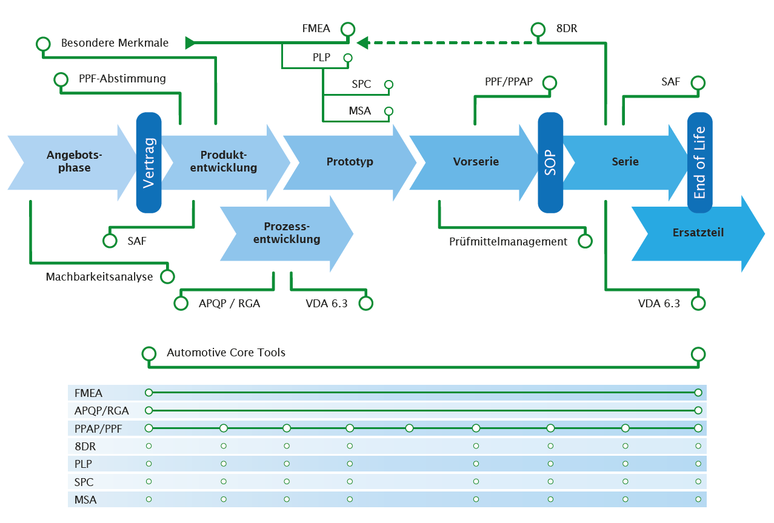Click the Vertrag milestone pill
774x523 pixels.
pyautogui.click(x=149, y=162)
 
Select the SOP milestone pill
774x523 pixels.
pyautogui.click(x=550, y=162)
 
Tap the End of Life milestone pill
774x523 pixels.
pyautogui.click(x=699, y=162)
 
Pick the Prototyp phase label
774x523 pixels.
pyautogui.click(x=350, y=162)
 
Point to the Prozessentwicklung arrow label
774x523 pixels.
pyautogui.click(x=287, y=233)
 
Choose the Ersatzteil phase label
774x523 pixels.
pyautogui.click(x=698, y=233)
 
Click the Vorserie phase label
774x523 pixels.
pyautogui.click(x=476, y=162)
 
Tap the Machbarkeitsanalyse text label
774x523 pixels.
pyautogui.click(x=99, y=277)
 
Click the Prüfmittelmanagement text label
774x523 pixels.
pyautogui.click(x=508, y=242)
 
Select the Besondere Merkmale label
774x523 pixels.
pyautogui.click(x=115, y=43)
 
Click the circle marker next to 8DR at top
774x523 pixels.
pyautogui.click(x=538, y=29)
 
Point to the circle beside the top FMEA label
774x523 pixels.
pyautogui.click(x=347, y=29)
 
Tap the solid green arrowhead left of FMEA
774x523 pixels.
pyautogui.click(x=190, y=42)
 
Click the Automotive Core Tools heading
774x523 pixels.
pyautogui.click(x=226, y=353)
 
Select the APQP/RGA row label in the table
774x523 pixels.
pyautogui.click(x=102, y=410)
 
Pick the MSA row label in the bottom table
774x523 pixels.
pyautogui.click(x=85, y=500)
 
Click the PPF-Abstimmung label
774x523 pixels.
pyautogui.click(x=122, y=79)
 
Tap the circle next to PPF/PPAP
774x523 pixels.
pyautogui.click(x=550, y=82)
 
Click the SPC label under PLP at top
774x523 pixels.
pyautogui.click(x=361, y=84)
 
